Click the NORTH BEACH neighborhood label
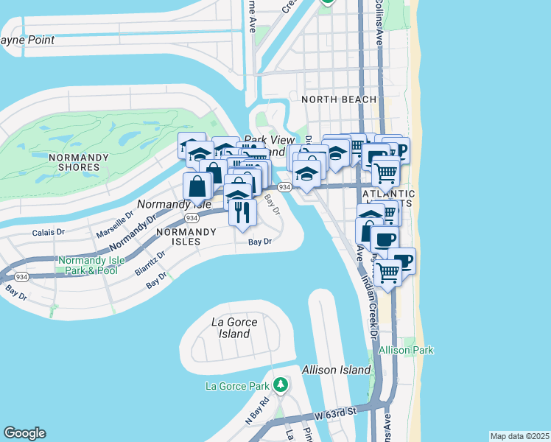pyautogui.click(x=339, y=99)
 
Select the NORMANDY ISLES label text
pyautogui.click(x=186, y=236)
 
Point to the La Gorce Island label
pyautogui.click(x=231, y=328)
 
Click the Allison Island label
pyautogui.click(x=336, y=370)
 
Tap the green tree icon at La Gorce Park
pyautogui.click(x=280, y=385)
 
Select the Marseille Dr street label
pyautogui.click(x=114, y=225)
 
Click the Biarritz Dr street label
pyautogui.click(x=150, y=262)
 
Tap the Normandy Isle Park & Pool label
pyautogui.click(x=88, y=265)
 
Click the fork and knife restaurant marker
pyautogui.click(x=242, y=212)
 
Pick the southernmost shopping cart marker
pyautogui.click(x=388, y=273)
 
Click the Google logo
pyautogui.click(x=24, y=433)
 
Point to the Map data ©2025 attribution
pyautogui.click(x=519, y=436)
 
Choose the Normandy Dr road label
pyautogui.click(x=133, y=231)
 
